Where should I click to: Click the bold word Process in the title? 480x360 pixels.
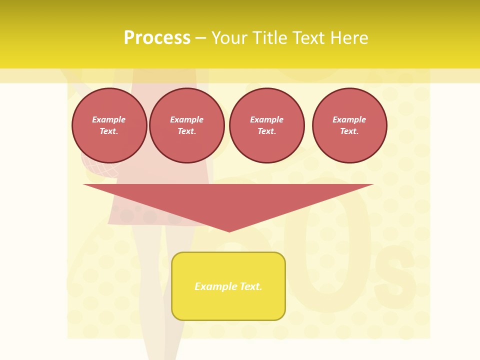coord(157,38)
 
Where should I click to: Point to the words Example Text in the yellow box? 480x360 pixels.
coord(228,286)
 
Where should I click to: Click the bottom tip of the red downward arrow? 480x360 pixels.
coord(229,230)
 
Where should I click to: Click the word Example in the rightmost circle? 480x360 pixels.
coord(349,119)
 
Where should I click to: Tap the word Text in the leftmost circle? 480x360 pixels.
coord(109,131)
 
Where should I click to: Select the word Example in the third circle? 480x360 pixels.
coord(266,119)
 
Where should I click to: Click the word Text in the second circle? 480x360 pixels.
coord(186,131)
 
